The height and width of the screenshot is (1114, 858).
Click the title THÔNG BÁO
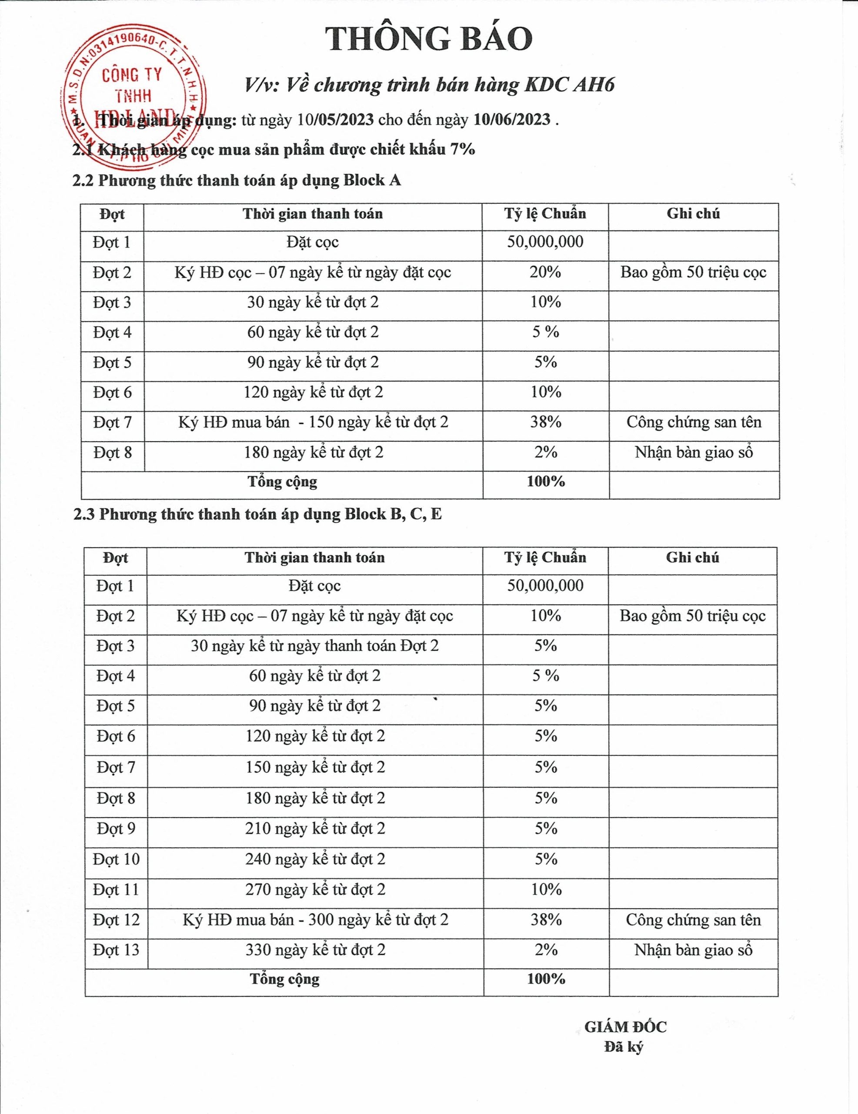point(430,39)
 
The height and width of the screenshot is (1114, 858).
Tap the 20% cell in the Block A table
point(545,272)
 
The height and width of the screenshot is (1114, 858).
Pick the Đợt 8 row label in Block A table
point(112,453)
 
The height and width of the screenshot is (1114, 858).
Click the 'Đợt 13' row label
point(116,950)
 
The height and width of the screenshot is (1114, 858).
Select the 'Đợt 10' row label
point(116,859)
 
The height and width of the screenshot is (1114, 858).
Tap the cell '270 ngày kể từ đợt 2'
point(315,889)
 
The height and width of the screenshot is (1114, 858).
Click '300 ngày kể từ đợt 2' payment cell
point(315,919)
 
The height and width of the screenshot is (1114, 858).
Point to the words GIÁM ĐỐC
point(625,1040)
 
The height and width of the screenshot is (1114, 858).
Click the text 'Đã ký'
point(624,1061)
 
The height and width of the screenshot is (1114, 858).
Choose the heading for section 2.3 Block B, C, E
point(257,514)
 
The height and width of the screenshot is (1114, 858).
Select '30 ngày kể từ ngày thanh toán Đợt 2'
point(314,646)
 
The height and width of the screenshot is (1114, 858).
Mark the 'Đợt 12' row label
point(116,919)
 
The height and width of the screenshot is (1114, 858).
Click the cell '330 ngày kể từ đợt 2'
point(315,950)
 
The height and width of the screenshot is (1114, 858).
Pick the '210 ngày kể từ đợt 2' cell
point(315,829)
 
